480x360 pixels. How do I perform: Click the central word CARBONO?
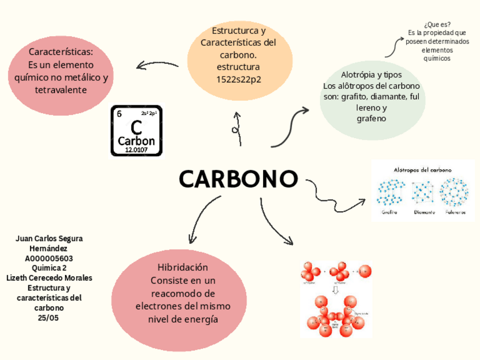pyautogui.click(x=238, y=179)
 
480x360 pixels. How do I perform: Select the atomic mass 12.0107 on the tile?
pyautogui.click(x=136, y=150)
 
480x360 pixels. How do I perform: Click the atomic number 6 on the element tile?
pyautogui.click(x=119, y=113)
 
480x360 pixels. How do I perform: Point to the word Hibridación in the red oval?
pyautogui.click(x=183, y=267)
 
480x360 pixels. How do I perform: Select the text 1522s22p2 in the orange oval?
pyautogui.click(x=238, y=79)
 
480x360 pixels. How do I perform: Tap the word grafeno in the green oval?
pyautogui.click(x=371, y=118)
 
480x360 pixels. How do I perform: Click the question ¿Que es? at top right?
pyautogui.click(x=437, y=24)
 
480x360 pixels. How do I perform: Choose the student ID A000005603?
pyautogui.click(x=49, y=259)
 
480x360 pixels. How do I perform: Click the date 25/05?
pyautogui.click(x=48, y=318)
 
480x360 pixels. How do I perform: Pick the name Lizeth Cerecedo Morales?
pyautogui.click(x=49, y=278)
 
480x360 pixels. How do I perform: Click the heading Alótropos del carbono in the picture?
pyautogui.click(x=422, y=170)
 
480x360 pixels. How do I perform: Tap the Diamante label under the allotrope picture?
pyautogui.click(x=424, y=213)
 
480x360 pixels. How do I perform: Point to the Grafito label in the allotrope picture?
pyautogui.click(x=389, y=213)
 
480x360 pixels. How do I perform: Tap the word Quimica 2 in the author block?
pyautogui.click(x=49, y=268)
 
